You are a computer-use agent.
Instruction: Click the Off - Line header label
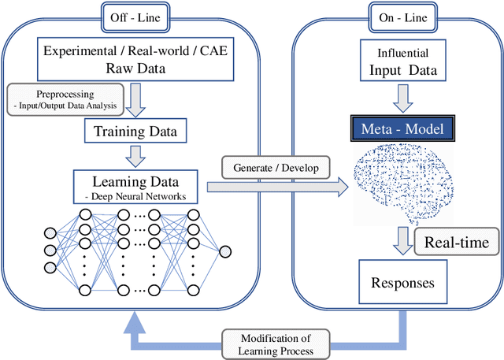pos(138,13)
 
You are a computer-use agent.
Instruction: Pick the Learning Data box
pos(139,183)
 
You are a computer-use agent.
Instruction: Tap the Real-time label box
pos(456,243)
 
